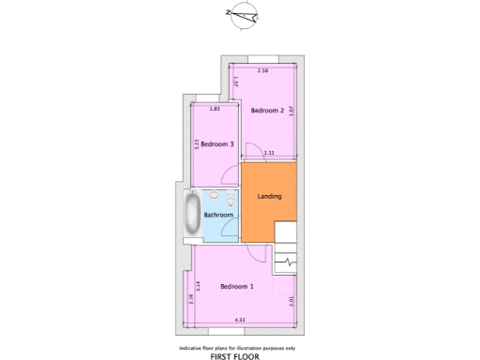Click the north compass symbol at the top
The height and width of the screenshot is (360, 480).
tap(246, 13)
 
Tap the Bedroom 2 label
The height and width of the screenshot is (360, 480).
tap(267, 111)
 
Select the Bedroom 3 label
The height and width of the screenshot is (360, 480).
tap(217, 143)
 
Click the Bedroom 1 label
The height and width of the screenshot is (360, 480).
tap(236, 286)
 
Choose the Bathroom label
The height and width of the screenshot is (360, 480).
tap(218, 215)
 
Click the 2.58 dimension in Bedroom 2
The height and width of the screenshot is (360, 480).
tap(263, 71)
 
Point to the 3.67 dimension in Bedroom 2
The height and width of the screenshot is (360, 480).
tap(293, 110)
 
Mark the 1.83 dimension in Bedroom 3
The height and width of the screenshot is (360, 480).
tap(215, 109)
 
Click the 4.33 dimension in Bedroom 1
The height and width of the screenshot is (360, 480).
tap(240, 322)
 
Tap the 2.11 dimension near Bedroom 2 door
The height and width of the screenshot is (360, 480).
tap(269, 153)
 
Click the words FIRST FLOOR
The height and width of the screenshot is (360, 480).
tap(234, 357)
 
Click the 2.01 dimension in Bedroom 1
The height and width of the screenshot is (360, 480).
tap(293, 302)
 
